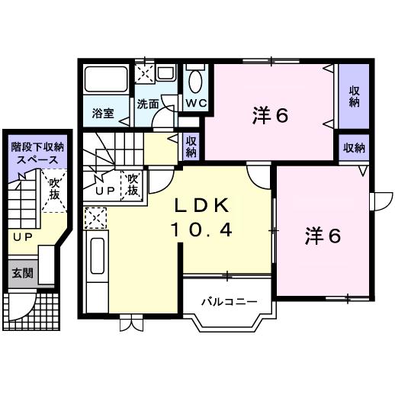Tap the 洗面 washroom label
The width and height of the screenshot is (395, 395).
148,105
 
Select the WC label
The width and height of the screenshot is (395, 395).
195,103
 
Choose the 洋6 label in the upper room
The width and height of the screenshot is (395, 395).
270,117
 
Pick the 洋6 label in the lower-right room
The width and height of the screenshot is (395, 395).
323,235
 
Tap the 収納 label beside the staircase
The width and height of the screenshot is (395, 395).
191,146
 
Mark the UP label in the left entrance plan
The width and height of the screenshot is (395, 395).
21,237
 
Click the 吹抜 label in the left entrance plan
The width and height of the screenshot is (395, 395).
53,189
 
